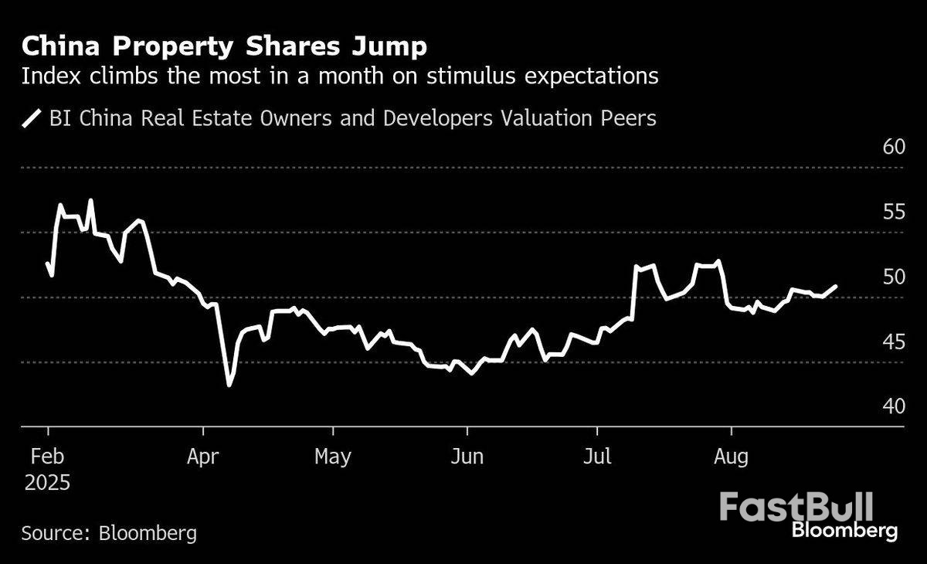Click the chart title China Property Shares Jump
pos(224,46)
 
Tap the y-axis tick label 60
pos(894,146)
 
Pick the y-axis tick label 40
pos(894,406)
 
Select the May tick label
pos(332,456)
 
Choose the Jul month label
pos(596,456)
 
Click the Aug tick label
pos(730,456)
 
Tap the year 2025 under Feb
pos(47,484)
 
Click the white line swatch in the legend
pos(32,119)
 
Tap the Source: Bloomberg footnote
pos(109,532)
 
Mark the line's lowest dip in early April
pos(229,385)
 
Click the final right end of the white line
pos(836,286)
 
